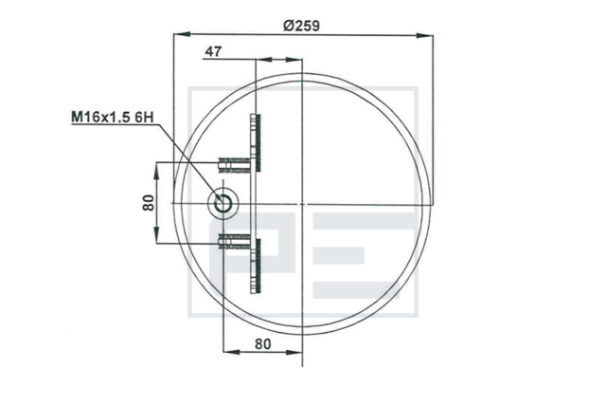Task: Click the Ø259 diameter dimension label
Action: click(x=301, y=26)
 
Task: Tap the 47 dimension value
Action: click(x=213, y=51)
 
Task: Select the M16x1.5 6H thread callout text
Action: click(x=112, y=118)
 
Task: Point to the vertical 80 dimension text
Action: click(x=149, y=203)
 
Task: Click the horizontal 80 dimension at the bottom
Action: click(x=263, y=343)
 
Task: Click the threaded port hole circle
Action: click(x=223, y=203)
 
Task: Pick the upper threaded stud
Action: click(x=235, y=164)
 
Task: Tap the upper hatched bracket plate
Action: click(x=256, y=142)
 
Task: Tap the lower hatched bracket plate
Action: click(x=256, y=267)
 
